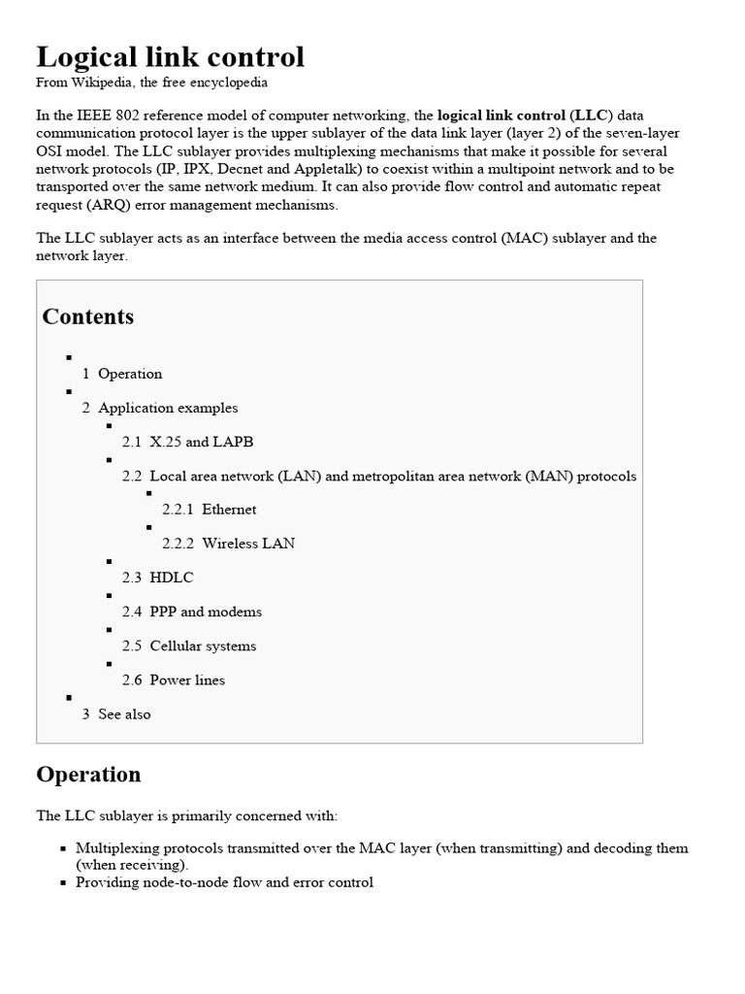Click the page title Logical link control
click(x=170, y=57)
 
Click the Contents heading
click(x=88, y=316)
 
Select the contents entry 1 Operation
click(x=122, y=374)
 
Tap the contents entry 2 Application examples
click(x=160, y=408)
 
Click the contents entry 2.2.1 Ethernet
click(x=210, y=510)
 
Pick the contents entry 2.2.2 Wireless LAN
click(x=229, y=544)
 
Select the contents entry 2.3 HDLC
click(x=158, y=578)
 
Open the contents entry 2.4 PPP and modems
click(x=192, y=612)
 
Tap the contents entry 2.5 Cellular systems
click(x=189, y=646)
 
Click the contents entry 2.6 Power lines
click(x=174, y=679)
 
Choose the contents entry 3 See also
click(x=116, y=713)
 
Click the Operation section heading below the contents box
click(x=88, y=774)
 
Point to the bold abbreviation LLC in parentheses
click(x=591, y=115)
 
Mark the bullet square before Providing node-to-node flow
click(x=63, y=883)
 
